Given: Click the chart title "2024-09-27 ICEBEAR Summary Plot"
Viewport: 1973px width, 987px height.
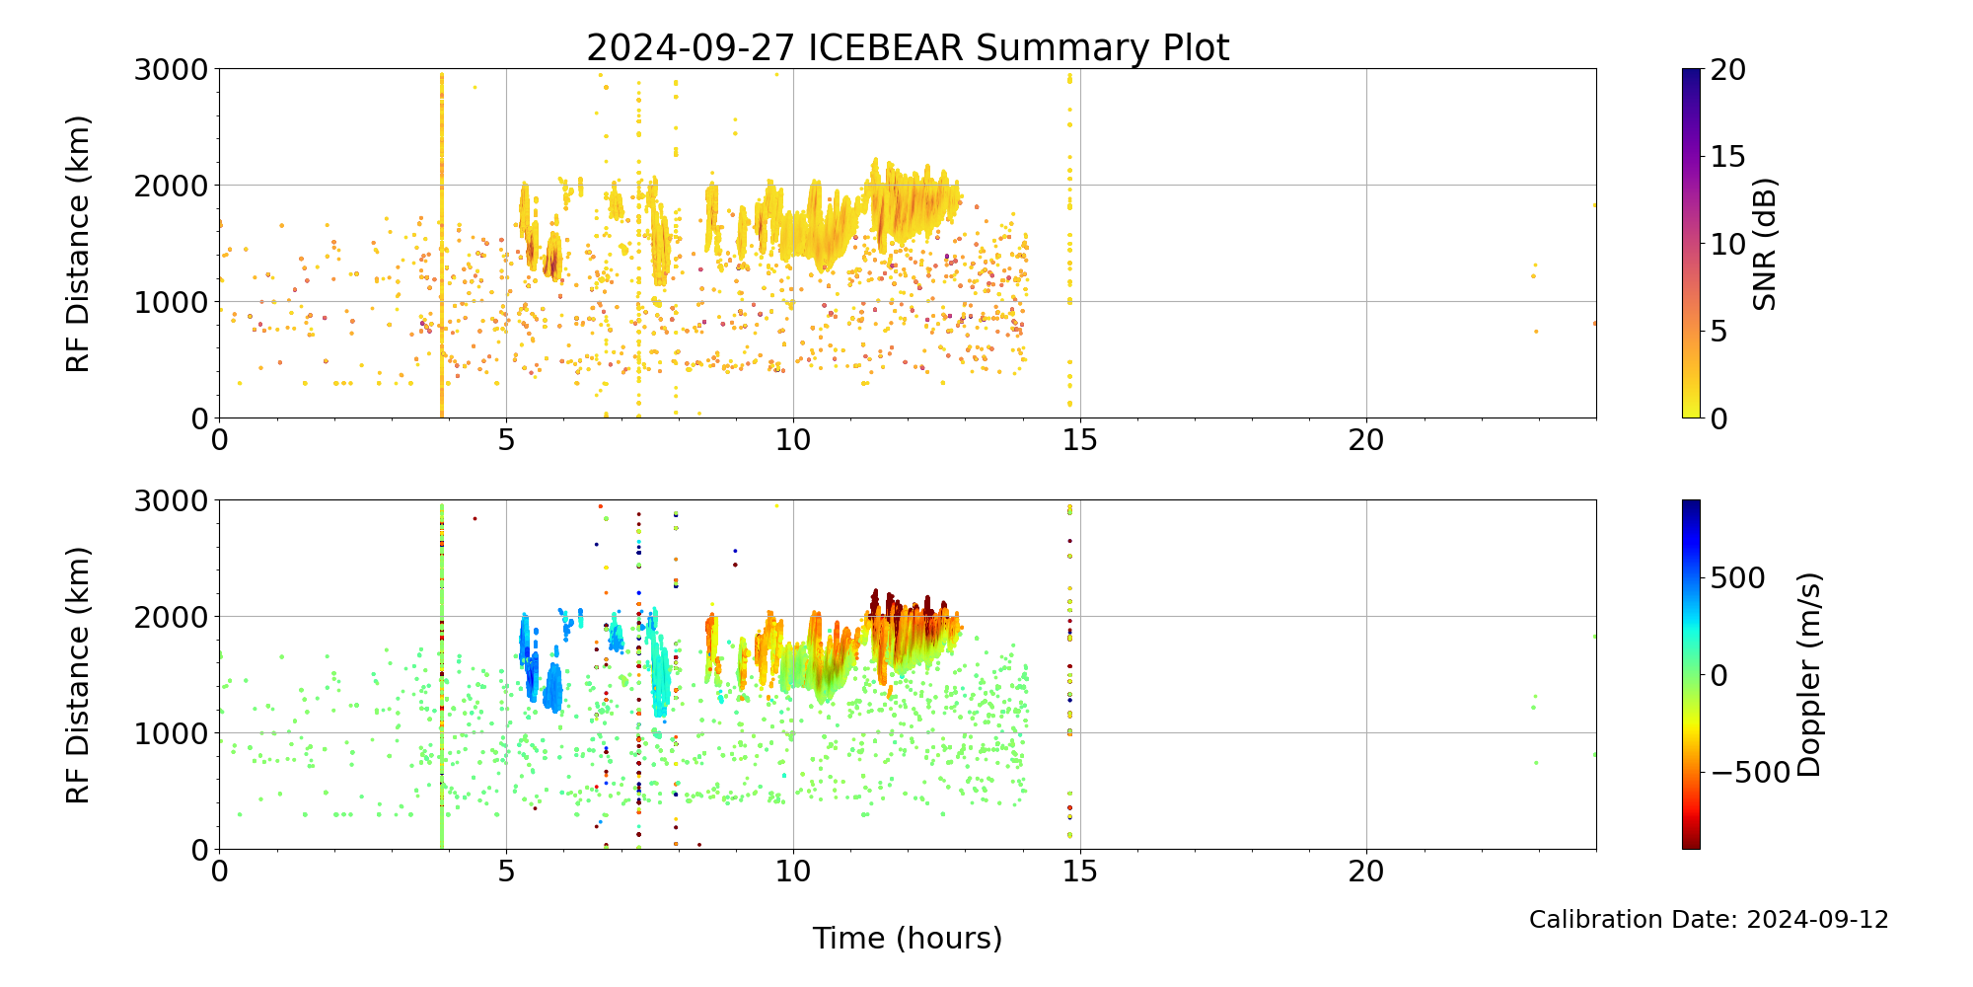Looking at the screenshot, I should point(908,47).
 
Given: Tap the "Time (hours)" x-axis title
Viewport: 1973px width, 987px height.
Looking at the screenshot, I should point(908,938).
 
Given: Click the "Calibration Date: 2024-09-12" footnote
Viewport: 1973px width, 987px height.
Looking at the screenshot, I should point(1709,920).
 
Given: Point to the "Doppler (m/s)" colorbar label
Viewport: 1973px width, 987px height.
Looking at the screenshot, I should point(1809,675).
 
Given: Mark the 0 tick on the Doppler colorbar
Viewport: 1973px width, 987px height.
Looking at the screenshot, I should point(1718,676).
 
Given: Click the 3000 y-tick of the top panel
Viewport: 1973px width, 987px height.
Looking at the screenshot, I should point(172,70).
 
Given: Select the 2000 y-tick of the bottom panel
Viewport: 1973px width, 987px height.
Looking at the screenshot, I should point(172,617).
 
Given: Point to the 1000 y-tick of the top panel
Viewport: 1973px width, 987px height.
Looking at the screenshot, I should point(172,302).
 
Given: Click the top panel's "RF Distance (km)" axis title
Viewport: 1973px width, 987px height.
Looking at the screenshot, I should point(79,244).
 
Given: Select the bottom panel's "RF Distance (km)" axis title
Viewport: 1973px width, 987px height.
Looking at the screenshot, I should point(79,675).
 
